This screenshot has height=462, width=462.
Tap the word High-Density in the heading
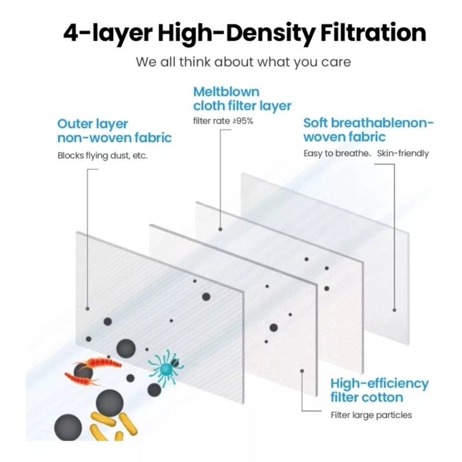237,34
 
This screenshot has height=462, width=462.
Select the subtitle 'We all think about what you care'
243,62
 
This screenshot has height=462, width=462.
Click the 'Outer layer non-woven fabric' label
114,131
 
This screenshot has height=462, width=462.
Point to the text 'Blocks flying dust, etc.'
103,155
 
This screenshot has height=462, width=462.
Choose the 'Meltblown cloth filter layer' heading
242,99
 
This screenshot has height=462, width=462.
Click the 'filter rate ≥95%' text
223,121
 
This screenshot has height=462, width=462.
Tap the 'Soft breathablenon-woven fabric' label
368,130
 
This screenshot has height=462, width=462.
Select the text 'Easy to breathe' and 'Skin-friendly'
366,154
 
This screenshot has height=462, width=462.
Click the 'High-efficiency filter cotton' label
379,390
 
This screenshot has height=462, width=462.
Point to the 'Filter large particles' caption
371,415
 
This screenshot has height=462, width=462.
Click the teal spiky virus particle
166,367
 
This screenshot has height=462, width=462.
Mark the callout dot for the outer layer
88,308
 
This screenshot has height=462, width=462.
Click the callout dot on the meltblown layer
220,229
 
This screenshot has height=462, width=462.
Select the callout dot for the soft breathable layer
394,310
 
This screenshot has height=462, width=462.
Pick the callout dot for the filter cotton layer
302,371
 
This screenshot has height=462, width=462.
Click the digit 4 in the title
70,33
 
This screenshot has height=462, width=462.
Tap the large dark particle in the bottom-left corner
68,428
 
